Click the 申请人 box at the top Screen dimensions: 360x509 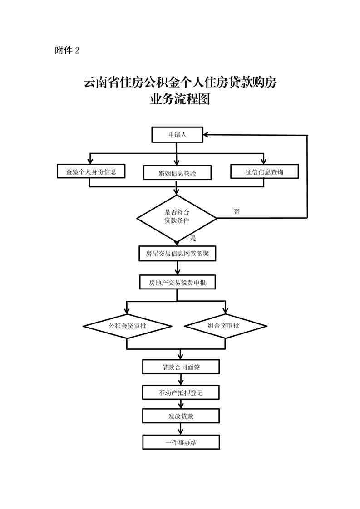pos(177,135)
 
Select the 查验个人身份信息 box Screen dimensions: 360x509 pos(91,171)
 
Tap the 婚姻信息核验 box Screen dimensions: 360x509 pos(177,173)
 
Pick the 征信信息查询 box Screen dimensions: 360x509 pos(264,171)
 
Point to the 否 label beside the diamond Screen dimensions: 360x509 pos(237,212)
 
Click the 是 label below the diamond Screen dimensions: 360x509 pos(193,238)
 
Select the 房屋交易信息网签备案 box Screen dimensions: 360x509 pos(177,254)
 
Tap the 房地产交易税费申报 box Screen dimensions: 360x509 pos(177,282)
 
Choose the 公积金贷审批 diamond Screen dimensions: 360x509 pos(128,326)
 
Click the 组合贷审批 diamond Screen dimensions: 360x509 pos(226,326)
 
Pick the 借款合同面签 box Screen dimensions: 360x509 pos(181,367)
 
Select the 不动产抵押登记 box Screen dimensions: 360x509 pos(181,392)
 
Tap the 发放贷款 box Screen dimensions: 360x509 pos(181,416)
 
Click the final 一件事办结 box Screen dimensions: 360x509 pos(181,442)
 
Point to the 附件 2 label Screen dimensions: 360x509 pos(67,50)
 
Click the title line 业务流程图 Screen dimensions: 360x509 pos(180,99)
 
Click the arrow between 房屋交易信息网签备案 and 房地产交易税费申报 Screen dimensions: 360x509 pos(178,268)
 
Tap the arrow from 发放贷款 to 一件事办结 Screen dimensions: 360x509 pos(181,429)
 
